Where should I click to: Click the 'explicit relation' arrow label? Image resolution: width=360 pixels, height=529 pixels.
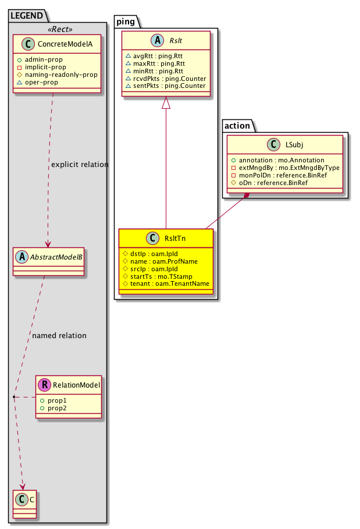(x=80, y=165)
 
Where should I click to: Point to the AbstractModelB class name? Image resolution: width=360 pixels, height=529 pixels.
(x=54, y=255)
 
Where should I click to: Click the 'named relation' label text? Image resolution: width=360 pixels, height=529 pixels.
(x=59, y=336)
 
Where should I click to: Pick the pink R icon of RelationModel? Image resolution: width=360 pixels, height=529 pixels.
(x=44, y=385)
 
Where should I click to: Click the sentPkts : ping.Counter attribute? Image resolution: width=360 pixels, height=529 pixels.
(x=165, y=86)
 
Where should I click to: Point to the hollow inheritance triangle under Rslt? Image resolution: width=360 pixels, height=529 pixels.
(x=166, y=103)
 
